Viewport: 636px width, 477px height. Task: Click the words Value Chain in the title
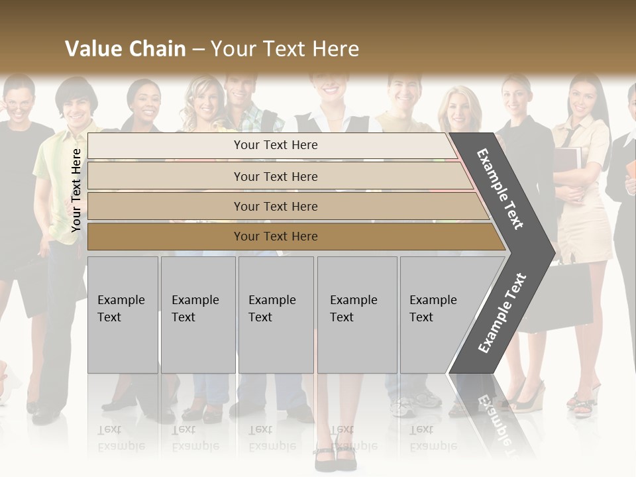125,49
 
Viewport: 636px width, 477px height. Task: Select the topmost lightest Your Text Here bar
275,145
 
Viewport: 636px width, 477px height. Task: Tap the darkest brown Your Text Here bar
275,237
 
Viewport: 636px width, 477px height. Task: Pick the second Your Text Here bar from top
275,177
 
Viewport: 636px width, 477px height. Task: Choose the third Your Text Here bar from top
275,207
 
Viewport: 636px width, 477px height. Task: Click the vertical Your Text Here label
76,190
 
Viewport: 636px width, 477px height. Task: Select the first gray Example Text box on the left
123,314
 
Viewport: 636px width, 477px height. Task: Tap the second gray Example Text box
197,314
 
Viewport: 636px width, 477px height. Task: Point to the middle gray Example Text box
276,314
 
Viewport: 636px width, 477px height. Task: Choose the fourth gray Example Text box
356,314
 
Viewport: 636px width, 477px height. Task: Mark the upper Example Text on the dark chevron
501,189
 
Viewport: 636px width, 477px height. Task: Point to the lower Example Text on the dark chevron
502,313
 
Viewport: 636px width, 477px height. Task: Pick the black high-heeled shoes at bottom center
335,457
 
